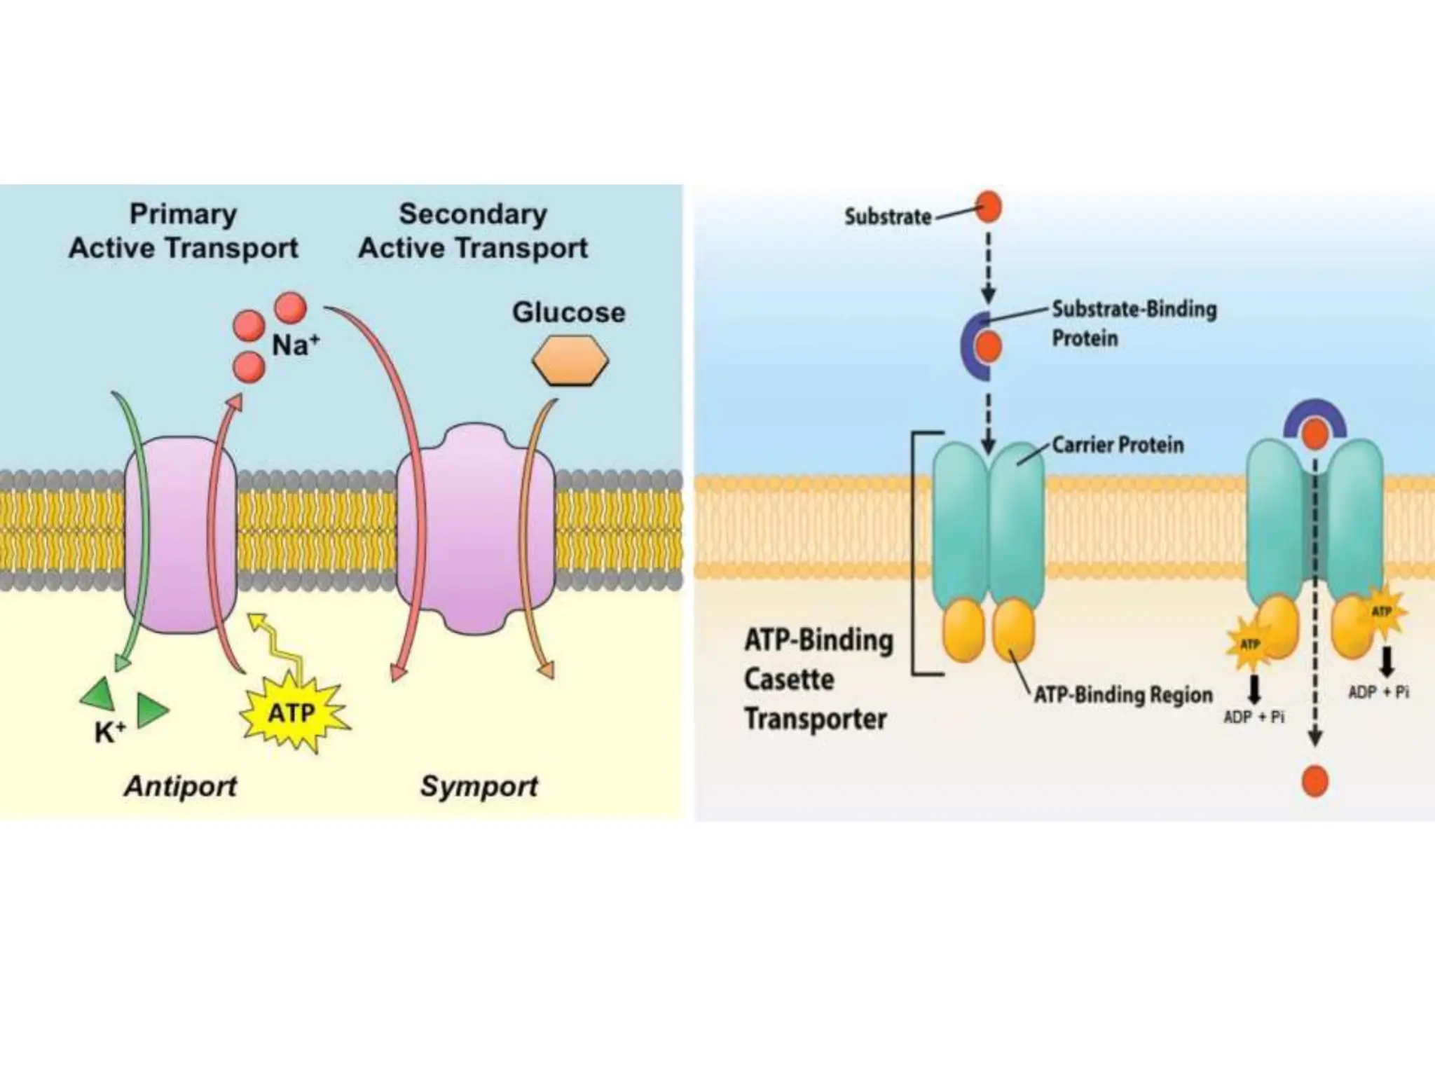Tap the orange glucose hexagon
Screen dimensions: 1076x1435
(x=570, y=360)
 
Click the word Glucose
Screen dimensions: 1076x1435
(x=568, y=312)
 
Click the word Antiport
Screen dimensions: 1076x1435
(x=181, y=786)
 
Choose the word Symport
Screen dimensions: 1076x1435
(x=479, y=786)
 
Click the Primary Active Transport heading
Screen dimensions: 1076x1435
(x=184, y=231)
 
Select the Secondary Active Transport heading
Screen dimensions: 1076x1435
(x=473, y=231)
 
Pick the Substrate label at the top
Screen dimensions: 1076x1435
(x=888, y=216)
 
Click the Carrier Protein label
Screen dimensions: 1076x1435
(x=1118, y=445)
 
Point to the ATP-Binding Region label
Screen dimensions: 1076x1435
(x=1123, y=695)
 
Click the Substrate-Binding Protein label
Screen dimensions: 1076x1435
(x=1134, y=324)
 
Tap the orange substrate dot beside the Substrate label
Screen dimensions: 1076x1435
(x=988, y=207)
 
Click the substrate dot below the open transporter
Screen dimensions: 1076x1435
(x=1314, y=782)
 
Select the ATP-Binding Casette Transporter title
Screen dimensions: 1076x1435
(x=818, y=680)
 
